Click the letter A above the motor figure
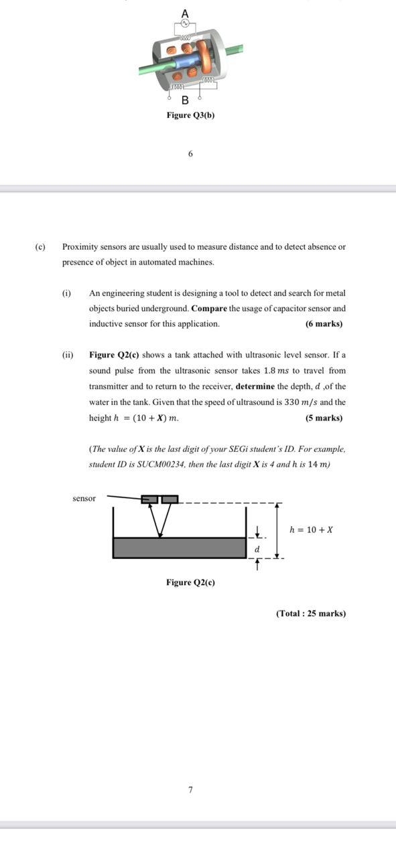coord(185,13)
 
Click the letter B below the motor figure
coord(185,100)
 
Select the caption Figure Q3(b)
coord(190,115)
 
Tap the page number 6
coord(190,154)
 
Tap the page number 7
coord(190,790)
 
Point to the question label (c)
coord(40,246)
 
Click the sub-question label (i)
coord(66,293)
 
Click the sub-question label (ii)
coord(68,355)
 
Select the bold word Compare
coord(208,309)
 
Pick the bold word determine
coord(255,386)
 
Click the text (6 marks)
coord(324,324)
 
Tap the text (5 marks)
coord(324,418)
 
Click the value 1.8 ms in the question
coord(276,371)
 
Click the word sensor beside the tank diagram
coord(84,498)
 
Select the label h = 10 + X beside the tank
coord(311,530)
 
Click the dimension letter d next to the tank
coord(257,549)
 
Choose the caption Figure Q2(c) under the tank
coord(190,582)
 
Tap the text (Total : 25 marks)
coord(311,613)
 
